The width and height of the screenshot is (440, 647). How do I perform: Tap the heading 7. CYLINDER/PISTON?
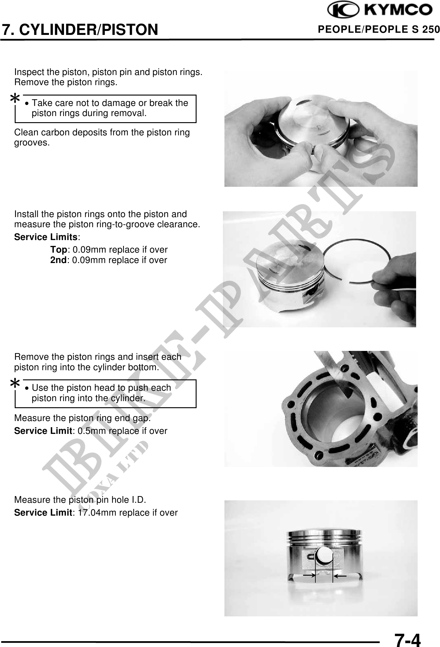pyautogui.click(x=80, y=29)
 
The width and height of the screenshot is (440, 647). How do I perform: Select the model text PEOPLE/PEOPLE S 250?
pyautogui.click(x=379, y=29)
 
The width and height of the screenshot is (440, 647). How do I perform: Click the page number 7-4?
pyautogui.click(x=408, y=631)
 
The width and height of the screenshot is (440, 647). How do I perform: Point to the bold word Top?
pyautogui.click(x=58, y=250)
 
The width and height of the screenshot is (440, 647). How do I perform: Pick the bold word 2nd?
pyautogui.click(x=58, y=260)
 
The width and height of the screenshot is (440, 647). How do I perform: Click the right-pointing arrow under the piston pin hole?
pyautogui.click(x=309, y=576)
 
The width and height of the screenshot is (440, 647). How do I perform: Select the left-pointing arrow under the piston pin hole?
pyautogui.click(x=340, y=576)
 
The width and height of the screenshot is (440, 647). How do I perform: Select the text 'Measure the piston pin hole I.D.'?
pyautogui.click(x=80, y=500)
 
